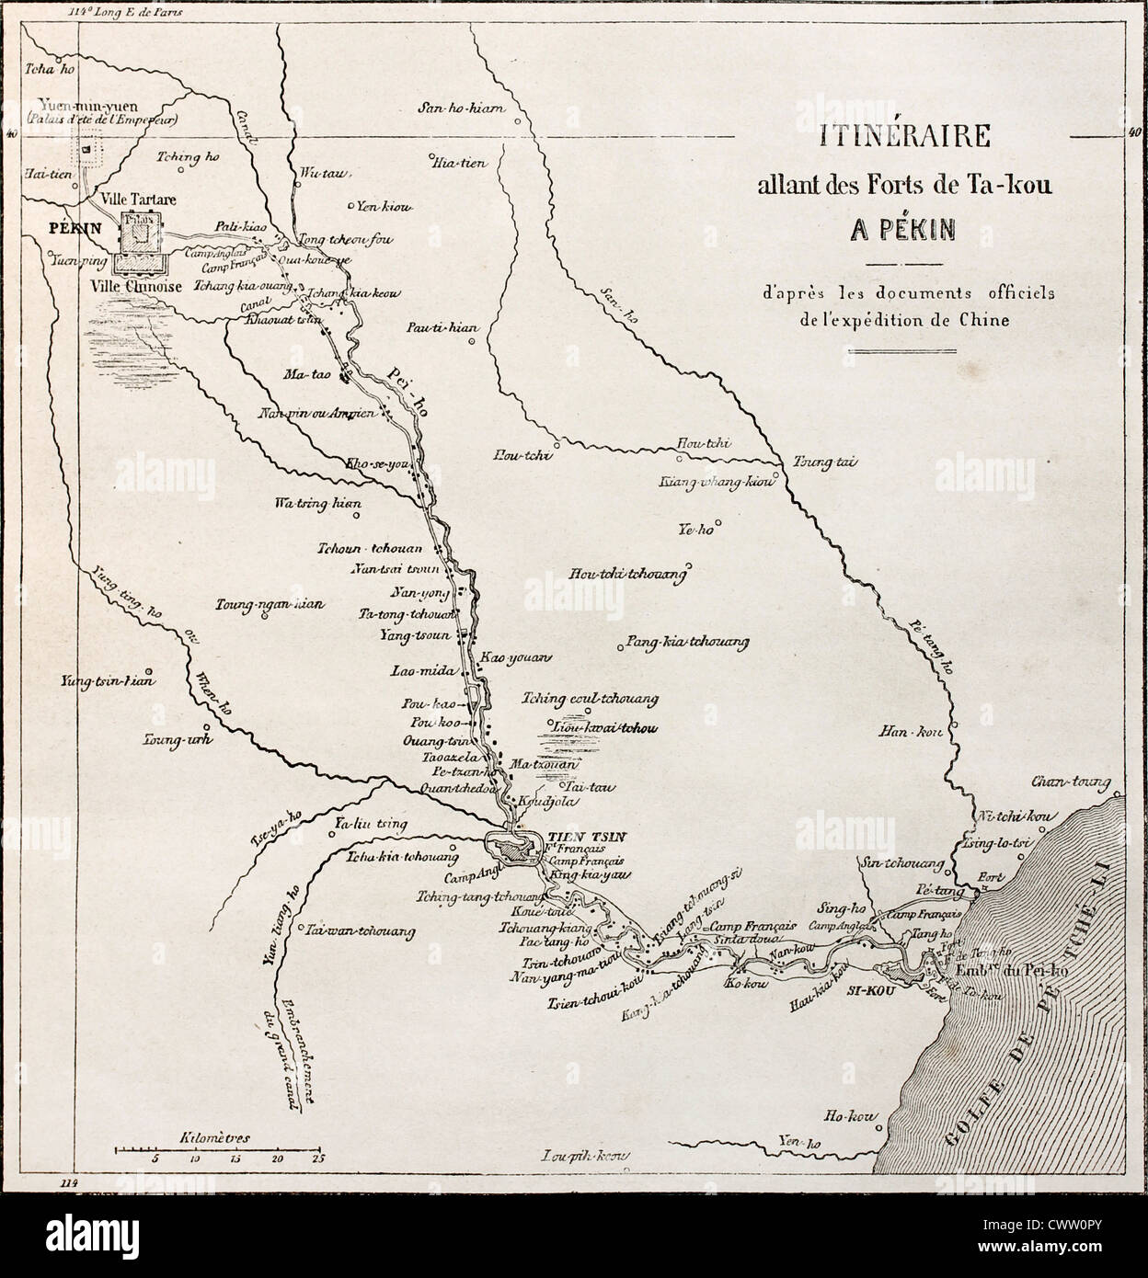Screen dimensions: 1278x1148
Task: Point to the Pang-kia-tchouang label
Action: tap(686, 642)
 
